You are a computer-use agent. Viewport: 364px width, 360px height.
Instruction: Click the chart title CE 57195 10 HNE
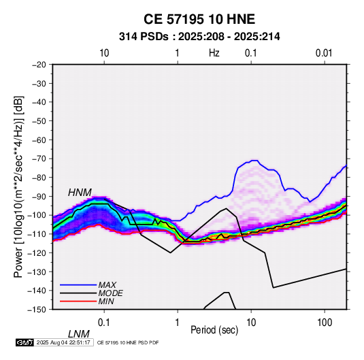pyautogui.click(x=199, y=19)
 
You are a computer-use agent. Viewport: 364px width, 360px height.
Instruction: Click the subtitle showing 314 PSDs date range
pyautogui.click(x=199, y=37)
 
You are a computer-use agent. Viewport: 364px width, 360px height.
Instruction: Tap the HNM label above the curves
pyautogui.click(x=80, y=193)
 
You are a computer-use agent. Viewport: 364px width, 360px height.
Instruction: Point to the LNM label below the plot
pyautogui.click(x=78, y=334)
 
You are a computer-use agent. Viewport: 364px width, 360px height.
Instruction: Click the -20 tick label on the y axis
pyautogui.click(x=39, y=65)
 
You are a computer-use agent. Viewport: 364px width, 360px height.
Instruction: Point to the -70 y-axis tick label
pyautogui.click(x=39, y=159)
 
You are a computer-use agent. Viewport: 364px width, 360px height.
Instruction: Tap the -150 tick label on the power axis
pyautogui.click(x=37, y=310)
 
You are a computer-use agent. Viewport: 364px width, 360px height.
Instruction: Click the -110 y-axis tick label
pyautogui.click(x=37, y=234)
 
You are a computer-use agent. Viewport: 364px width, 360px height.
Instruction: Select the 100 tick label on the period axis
pyautogui.click(x=325, y=323)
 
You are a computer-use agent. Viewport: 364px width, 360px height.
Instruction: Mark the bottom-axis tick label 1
pyautogui.click(x=178, y=323)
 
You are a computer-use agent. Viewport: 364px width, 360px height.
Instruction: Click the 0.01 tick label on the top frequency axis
pyautogui.click(x=324, y=53)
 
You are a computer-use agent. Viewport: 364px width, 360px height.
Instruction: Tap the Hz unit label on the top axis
pyautogui.click(x=214, y=53)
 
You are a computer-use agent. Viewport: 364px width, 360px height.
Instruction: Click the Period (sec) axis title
pyautogui.click(x=214, y=330)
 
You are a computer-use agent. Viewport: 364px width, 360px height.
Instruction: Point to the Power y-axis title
pyautogui.click(x=18, y=186)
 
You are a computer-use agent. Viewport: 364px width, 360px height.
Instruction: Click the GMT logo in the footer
pyautogui.click(x=24, y=342)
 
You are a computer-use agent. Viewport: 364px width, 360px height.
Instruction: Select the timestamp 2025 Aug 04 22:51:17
pyautogui.click(x=63, y=342)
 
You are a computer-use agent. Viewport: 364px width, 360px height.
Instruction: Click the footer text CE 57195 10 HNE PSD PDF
pyautogui.click(x=128, y=342)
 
